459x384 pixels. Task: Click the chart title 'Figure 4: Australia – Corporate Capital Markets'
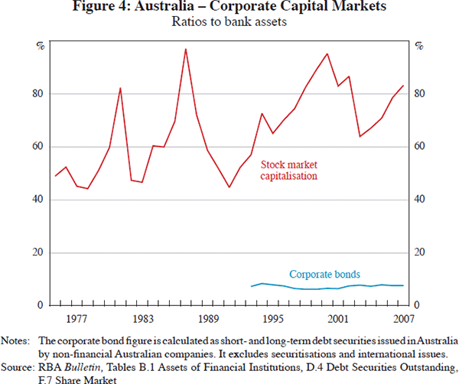[x=229, y=8]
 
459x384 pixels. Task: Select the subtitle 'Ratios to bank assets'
[x=229, y=23]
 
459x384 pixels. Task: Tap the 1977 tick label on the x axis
[x=76, y=317]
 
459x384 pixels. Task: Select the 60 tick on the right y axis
[x=419, y=147]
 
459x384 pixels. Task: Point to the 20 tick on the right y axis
[x=419, y=252]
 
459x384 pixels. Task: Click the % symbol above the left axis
[x=40, y=46]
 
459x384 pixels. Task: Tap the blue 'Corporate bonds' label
[x=324, y=274]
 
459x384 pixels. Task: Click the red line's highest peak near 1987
[x=186, y=49]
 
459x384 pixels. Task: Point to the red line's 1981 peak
[x=120, y=88]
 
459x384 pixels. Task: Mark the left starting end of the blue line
[x=252, y=286]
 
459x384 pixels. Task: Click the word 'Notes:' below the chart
[x=15, y=340]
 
